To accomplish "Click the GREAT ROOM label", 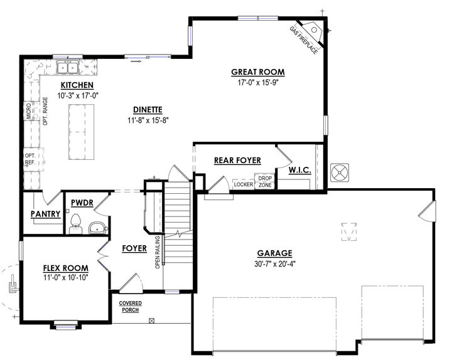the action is pyautogui.click(x=258, y=72).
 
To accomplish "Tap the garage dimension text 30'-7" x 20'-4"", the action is pyautogui.click(x=275, y=264).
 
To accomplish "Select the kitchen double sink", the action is pyautogui.click(x=68, y=67).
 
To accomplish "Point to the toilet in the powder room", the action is pyautogui.click(x=76, y=224).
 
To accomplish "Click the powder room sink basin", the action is pyautogui.click(x=97, y=228).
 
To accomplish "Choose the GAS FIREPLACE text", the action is pyautogui.click(x=304, y=40).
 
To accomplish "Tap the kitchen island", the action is pyautogui.click(x=81, y=132).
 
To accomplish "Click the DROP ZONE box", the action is pyautogui.click(x=265, y=181).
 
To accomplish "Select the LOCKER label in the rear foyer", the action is pyautogui.click(x=244, y=184).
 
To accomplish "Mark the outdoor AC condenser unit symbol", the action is pyautogui.click(x=339, y=173).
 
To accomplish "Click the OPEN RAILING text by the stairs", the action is pyautogui.click(x=158, y=252).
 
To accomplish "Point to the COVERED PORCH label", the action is pyautogui.click(x=131, y=307).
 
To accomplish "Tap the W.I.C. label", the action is pyautogui.click(x=300, y=170).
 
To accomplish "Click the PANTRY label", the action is pyautogui.click(x=46, y=214).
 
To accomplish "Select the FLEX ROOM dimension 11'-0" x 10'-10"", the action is pyautogui.click(x=65, y=278).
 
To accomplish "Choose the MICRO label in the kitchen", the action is pyautogui.click(x=29, y=111).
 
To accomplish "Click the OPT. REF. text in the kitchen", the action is pyautogui.click(x=30, y=159).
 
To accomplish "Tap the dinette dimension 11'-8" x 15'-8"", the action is pyautogui.click(x=148, y=120).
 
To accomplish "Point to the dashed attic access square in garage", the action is pyautogui.click(x=349, y=231).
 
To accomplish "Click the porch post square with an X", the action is pyautogui.click(x=152, y=320).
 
